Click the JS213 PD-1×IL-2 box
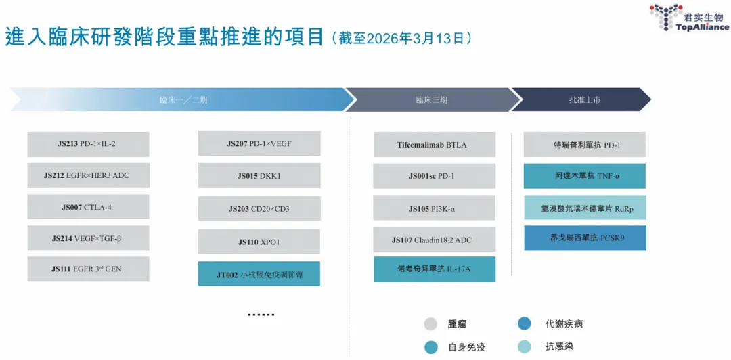click(88, 144)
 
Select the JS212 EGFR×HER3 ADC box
click(88, 175)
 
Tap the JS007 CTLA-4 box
click(88, 206)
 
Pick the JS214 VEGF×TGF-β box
click(88, 238)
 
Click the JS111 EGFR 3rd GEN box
click(88, 269)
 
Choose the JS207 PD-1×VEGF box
click(259, 143)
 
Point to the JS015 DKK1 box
click(259, 176)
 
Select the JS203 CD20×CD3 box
click(259, 208)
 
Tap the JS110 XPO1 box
click(259, 242)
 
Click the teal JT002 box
click(259, 274)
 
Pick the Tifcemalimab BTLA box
click(435, 144)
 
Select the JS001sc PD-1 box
click(435, 176)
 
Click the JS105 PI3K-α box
click(435, 208)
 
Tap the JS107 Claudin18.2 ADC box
click(435, 240)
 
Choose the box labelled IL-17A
click(435, 269)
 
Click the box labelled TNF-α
click(585, 176)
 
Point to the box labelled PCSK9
click(585, 238)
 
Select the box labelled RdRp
click(585, 208)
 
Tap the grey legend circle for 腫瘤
click(431, 324)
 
